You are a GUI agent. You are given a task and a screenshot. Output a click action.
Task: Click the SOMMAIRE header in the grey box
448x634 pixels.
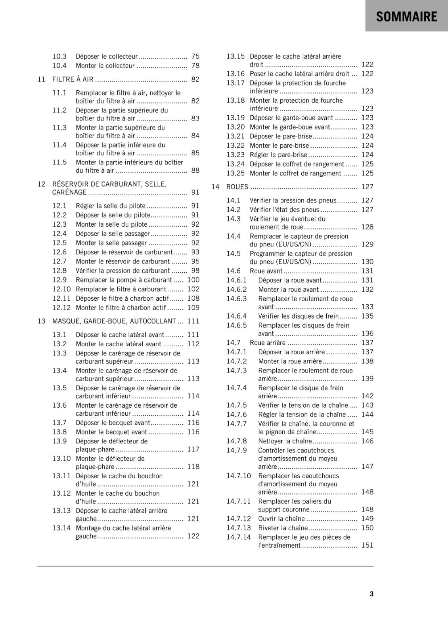coord(406,17)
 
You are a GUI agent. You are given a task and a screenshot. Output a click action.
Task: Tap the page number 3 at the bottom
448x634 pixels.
coord(371,594)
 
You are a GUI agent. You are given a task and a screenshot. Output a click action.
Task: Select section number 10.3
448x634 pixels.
coord(59,56)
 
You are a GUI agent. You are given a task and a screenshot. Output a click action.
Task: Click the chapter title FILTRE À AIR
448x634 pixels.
coord(73,79)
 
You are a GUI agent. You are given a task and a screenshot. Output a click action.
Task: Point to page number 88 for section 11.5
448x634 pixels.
coord(195,170)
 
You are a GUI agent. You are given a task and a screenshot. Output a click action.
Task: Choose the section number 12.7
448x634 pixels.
coord(59,261)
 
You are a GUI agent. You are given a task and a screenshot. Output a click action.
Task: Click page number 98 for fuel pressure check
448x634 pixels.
coord(195,271)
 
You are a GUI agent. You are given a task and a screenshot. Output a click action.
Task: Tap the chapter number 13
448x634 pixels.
coord(42,321)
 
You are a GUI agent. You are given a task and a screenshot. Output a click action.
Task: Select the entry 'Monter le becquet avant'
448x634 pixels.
coord(111,432)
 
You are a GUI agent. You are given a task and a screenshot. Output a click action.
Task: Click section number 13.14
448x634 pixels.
coord(61,528)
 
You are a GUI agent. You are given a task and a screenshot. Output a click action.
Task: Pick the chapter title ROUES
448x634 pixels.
coord(237,187)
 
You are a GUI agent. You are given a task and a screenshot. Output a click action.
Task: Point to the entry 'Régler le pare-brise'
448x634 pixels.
coord(278,155)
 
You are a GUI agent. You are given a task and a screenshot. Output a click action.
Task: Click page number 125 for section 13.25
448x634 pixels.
coord(367,173)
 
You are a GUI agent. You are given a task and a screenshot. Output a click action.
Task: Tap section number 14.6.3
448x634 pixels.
coord(237,299)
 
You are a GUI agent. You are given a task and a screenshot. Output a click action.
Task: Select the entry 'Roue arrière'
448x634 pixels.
coord(268,342)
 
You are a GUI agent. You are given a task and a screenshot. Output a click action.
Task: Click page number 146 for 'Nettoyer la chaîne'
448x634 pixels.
coord(367,441)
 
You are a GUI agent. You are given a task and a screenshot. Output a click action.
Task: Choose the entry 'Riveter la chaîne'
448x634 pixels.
coord(283,528)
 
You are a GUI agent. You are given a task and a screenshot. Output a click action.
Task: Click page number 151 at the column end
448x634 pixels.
coord(367,545)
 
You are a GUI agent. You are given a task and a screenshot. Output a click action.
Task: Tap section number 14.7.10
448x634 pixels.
coord(239,475)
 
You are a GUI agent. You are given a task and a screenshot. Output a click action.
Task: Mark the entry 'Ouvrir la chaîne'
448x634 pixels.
coord(281,519)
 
